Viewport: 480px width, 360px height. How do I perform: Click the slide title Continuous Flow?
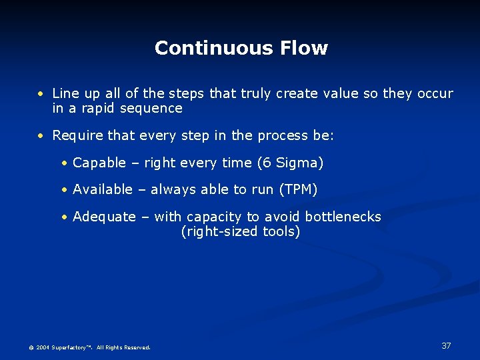click(241, 48)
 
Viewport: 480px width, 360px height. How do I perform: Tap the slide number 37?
click(446, 345)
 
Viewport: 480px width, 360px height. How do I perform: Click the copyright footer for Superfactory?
click(89, 347)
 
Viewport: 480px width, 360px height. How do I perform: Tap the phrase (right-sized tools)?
click(241, 231)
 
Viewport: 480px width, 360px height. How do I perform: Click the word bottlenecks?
click(343, 217)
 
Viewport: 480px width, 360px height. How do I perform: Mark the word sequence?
click(151, 108)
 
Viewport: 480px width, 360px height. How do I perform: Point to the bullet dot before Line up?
click(41, 94)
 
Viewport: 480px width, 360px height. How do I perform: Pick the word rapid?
click(98, 108)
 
